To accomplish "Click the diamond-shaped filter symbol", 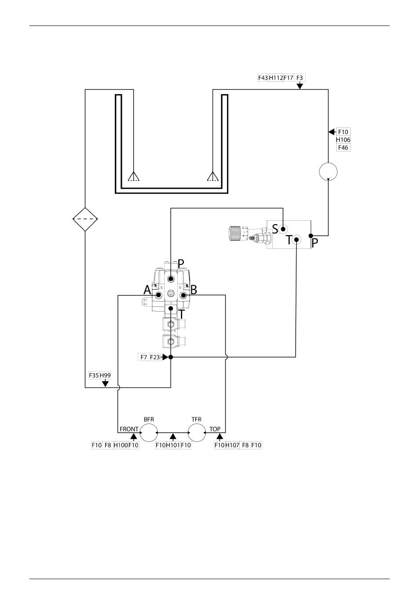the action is tap(85, 219).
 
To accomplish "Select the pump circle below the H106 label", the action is tap(328, 171).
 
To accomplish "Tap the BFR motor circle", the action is tap(148, 432).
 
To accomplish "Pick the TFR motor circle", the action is tap(196, 432).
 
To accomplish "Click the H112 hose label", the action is tap(276, 78).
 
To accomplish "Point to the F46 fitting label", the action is tap(343, 148).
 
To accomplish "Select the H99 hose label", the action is tap(105, 375).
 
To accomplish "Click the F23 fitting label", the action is tap(155, 357).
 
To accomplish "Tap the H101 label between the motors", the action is tap(172, 445).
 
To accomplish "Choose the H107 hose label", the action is tap(232, 445).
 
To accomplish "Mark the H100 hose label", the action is tap(120, 445).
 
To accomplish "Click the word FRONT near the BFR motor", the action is tap(129, 429).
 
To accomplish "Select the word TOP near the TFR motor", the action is tap(215, 429).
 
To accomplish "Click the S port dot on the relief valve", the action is tap(283, 229).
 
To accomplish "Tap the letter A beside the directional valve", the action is tap(147, 290).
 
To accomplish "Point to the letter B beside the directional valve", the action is tap(194, 290).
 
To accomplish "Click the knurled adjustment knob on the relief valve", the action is tap(235, 233).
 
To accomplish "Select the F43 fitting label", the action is tap(263, 78).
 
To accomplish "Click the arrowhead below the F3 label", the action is tap(300, 86).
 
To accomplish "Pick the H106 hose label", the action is tap(343, 140).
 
